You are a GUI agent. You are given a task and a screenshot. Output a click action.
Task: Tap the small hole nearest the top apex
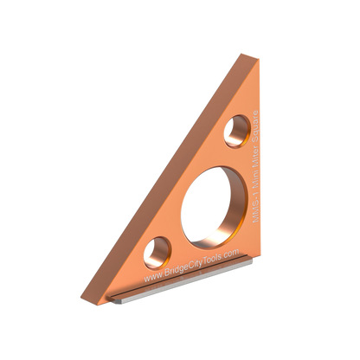pyautogui.click(x=235, y=131)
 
